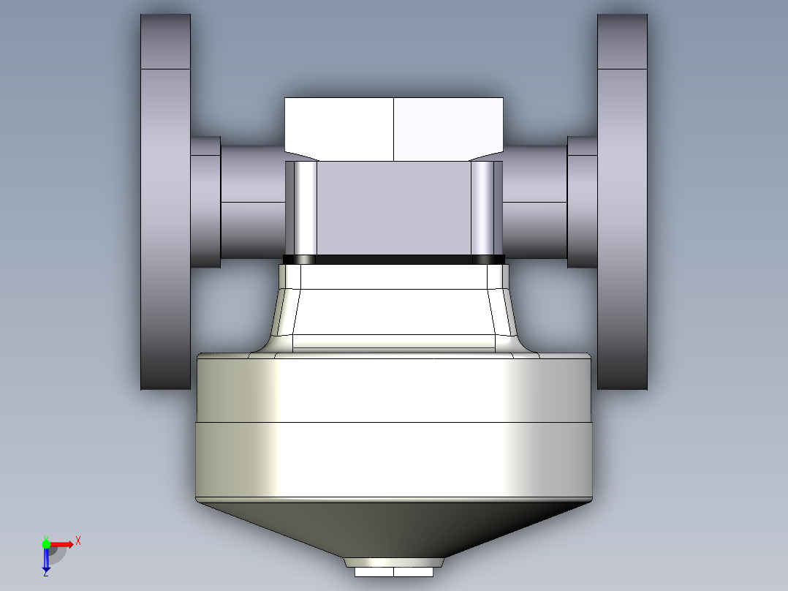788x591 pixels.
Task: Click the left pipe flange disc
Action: [165, 202]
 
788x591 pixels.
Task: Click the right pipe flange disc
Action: [622, 202]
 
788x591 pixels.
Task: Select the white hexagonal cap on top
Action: [393, 129]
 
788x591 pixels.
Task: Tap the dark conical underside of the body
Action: [393, 528]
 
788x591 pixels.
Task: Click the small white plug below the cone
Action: [393, 572]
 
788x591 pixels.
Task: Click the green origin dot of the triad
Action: [46, 544]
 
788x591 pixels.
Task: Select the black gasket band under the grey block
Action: [393, 260]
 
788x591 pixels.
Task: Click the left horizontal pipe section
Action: [253, 202]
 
